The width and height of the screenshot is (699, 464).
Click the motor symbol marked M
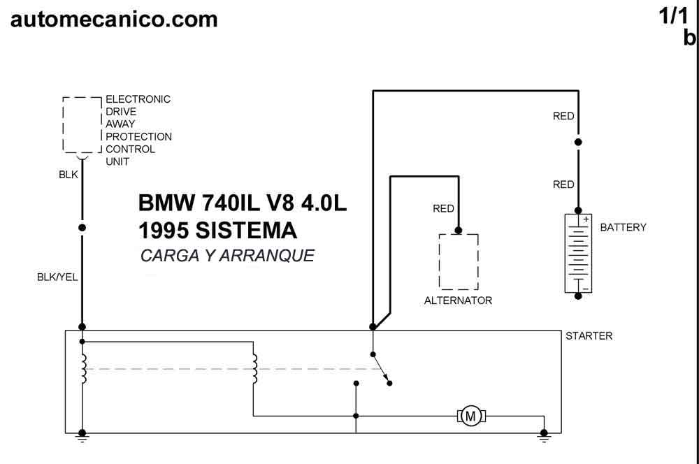(470, 416)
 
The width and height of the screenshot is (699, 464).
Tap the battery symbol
(578, 253)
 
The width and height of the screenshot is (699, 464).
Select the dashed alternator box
(459, 262)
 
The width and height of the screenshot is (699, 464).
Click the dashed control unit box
(82, 125)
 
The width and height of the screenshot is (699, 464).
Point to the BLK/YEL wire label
(57, 277)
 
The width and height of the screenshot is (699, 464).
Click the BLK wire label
(69, 174)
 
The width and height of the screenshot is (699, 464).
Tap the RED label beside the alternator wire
(443, 208)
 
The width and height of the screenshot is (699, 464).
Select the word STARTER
(589, 335)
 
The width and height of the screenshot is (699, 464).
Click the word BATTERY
(623, 227)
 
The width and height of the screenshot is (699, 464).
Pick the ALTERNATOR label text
(459, 300)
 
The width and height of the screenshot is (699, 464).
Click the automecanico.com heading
(114, 19)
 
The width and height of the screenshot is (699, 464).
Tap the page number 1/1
(674, 17)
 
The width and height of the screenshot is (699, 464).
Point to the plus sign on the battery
(586, 219)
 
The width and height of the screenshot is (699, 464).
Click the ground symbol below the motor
(544, 436)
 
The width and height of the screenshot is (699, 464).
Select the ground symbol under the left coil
(82, 436)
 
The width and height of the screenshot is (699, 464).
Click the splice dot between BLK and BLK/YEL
(82, 227)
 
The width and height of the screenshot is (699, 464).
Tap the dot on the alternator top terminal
(459, 231)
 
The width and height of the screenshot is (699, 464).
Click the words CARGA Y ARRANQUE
(227, 255)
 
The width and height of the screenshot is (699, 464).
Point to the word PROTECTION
(138, 136)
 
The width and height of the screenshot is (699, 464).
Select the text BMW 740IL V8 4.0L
(242, 203)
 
